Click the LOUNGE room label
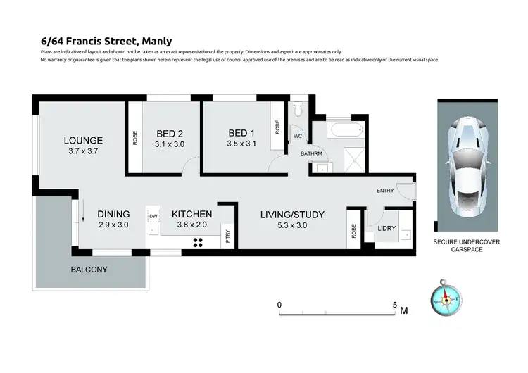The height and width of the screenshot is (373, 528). tap(84, 139)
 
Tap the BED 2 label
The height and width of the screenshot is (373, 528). tap(170, 134)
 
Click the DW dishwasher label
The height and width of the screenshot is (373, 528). tap(153, 217)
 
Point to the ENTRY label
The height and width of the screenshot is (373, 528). tap(386, 190)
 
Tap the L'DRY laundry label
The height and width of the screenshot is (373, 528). tap(387, 229)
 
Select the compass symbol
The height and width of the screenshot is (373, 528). tap(445, 300)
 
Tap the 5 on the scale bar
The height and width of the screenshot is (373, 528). tap(395, 305)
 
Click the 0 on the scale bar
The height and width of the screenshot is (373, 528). tap(279, 305)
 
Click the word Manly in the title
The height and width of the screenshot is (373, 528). tap(157, 42)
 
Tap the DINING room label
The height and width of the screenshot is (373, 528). tap(113, 215)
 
